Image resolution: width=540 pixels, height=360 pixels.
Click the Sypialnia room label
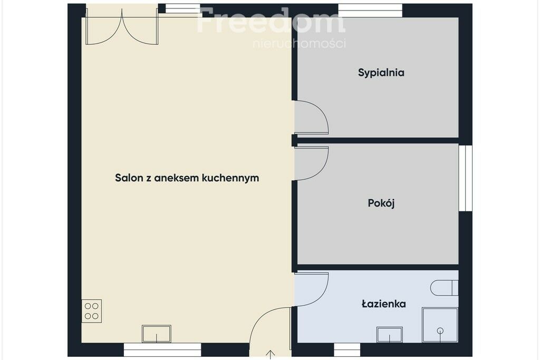click(381, 73)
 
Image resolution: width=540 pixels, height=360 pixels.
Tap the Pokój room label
click(381, 203)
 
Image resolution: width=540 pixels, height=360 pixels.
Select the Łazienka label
click(384, 304)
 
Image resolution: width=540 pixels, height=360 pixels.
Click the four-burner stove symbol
click(92, 311)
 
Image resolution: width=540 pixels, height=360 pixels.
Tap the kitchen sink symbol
click(157, 334)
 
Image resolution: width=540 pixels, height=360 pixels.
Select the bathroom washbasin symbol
click(390, 335)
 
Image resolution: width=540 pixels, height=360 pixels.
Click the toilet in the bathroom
click(444, 288)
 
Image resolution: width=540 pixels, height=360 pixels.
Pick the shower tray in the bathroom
click(440, 325)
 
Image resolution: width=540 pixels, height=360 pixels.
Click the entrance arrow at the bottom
click(271, 355)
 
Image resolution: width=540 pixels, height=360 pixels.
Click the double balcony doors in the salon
click(122, 26)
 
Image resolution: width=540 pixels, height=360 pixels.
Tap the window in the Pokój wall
click(465, 178)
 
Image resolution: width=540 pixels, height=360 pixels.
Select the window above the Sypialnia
click(370, 11)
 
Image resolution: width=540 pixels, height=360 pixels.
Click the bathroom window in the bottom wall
click(347, 349)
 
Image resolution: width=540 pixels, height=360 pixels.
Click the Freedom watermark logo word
click(271, 21)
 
